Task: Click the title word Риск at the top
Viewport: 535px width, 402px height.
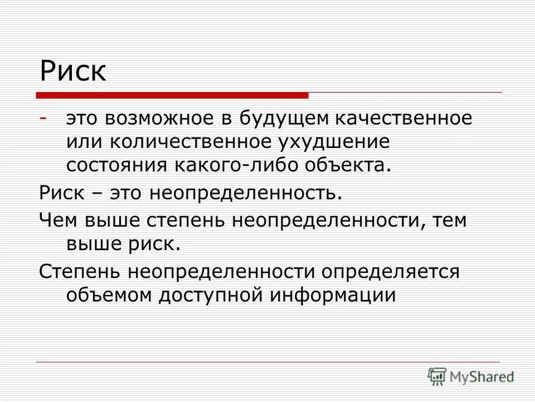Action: pyautogui.click(x=73, y=71)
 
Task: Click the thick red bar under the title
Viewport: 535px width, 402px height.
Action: pyautogui.click(x=173, y=95)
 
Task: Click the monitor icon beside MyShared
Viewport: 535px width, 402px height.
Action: pyautogui.click(x=437, y=376)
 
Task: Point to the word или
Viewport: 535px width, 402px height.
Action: pyautogui.click(x=84, y=142)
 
